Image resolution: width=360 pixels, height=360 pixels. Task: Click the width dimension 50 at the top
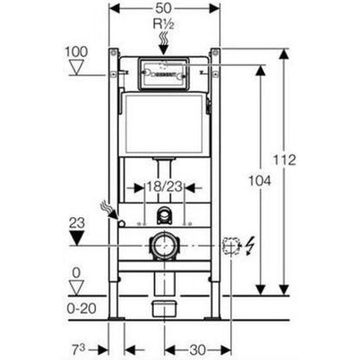coord(164,9)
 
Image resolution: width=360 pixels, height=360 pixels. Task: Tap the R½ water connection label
coord(164,24)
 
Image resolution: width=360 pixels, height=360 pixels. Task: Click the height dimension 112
coord(285,160)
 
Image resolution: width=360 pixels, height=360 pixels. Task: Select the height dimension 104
coord(260,181)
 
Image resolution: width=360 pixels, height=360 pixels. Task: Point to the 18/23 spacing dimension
coord(164,187)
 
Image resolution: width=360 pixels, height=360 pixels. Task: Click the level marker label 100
coord(76,52)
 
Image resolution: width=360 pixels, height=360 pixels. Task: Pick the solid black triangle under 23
coord(76,239)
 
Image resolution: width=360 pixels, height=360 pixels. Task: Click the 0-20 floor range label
coord(81,309)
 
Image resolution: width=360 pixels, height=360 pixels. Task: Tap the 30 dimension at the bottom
coord(197,350)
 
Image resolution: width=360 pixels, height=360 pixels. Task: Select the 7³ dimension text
coord(79,350)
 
